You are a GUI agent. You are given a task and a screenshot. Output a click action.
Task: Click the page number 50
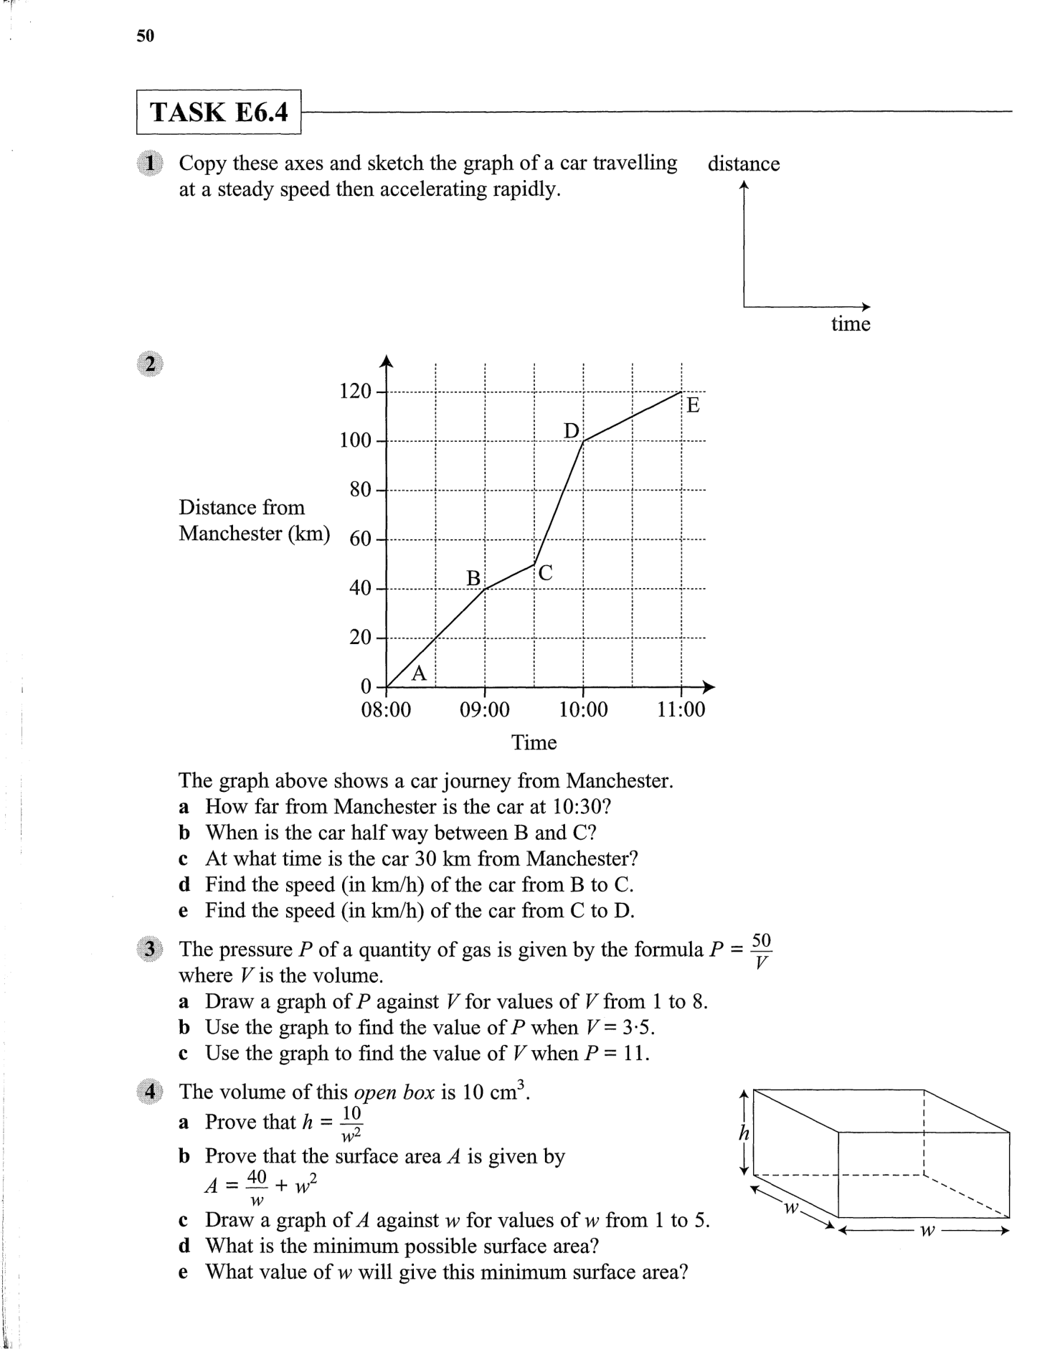tap(145, 36)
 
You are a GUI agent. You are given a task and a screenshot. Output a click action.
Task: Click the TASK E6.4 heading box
tap(219, 112)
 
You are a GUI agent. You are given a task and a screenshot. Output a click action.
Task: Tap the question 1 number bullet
tap(149, 163)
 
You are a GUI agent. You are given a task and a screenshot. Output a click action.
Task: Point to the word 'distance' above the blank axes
tap(743, 164)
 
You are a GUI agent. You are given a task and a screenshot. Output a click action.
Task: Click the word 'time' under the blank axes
tap(850, 324)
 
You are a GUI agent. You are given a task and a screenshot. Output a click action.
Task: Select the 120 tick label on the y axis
tap(355, 392)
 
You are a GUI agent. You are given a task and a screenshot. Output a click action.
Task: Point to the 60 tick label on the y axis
tap(360, 539)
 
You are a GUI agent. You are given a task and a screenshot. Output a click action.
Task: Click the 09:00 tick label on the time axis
tap(485, 710)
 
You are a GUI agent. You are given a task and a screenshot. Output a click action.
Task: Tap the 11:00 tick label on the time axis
tap(681, 710)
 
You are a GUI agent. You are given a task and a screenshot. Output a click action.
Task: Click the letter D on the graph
tap(572, 430)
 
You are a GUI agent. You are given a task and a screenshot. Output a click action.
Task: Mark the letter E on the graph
tap(693, 405)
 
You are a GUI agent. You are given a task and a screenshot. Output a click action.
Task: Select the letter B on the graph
tap(473, 577)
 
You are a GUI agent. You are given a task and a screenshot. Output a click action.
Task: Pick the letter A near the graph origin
tap(420, 673)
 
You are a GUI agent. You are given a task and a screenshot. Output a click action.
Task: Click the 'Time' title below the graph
tap(534, 742)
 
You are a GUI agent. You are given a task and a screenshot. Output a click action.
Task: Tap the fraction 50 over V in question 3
tap(761, 951)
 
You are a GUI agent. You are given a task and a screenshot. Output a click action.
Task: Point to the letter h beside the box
tap(744, 1133)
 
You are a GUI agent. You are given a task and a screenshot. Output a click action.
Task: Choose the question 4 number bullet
tap(149, 1092)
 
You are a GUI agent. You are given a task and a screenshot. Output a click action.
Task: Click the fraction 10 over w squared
tap(351, 1123)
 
